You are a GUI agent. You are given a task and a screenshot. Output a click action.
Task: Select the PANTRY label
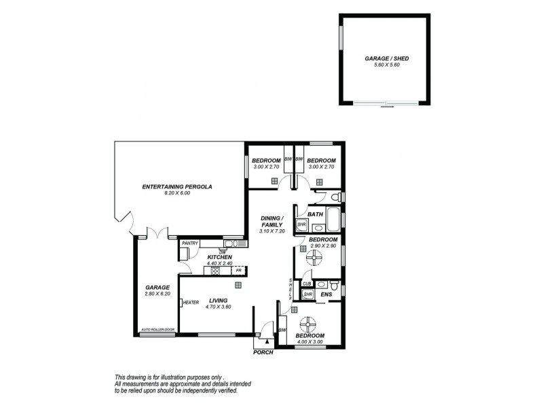(x=189, y=243)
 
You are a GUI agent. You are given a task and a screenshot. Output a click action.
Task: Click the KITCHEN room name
(x=219, y=256)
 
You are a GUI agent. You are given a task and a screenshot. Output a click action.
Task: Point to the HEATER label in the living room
(x=190, y=303)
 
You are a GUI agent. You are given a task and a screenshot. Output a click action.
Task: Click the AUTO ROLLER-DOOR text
(x=157, y=330)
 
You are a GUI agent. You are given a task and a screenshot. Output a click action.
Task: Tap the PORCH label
(x=263, y=352)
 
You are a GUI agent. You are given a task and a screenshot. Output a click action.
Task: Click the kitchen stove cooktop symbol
(x=215, y=270)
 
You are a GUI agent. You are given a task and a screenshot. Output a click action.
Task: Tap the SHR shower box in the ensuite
(x=307, y=294)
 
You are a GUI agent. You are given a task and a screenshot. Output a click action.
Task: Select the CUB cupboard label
(x=307, y=284)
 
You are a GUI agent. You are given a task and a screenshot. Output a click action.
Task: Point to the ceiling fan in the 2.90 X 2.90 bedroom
(x=314, y=257)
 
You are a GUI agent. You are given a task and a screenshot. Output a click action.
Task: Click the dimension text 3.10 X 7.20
(x=274, y=231)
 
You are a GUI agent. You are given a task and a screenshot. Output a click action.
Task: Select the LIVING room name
(x=218, y=300)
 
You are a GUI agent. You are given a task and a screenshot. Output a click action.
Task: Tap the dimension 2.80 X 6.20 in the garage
(x=157, y=294)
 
